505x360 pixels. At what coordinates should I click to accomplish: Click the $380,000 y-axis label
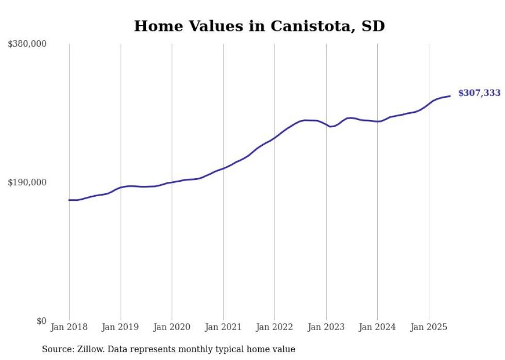click(27, 44)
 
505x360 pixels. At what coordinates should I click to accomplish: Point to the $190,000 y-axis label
click(27, 183)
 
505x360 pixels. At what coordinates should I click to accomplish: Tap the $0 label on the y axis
click(41, 321)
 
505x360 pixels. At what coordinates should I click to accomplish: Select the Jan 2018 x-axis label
click(69, 328)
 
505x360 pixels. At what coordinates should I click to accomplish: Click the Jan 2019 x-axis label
click(121, 328)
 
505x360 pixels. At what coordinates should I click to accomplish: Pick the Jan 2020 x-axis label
click(172, 328)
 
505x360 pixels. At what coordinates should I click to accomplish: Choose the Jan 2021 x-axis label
click(223, 328)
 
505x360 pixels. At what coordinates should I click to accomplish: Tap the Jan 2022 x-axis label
click(275, 328)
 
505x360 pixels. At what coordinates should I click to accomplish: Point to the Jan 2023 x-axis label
click(326, 328)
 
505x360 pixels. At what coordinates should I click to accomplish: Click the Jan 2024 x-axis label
click(377, 328)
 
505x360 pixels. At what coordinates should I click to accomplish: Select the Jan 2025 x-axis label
click(429, 328)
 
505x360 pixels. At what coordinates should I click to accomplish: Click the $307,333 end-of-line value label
click(479, 93)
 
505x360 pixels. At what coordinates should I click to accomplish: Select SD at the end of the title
click(374, 26)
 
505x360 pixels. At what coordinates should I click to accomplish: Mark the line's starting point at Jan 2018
click(69, 200)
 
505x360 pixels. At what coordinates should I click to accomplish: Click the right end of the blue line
click(450, 96)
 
